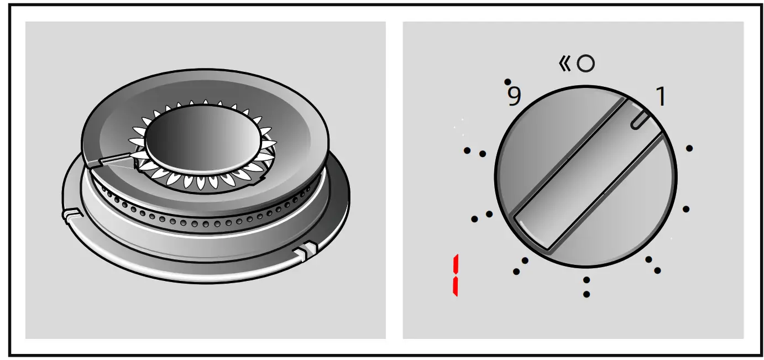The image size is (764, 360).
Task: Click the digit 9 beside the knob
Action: pos(514,97)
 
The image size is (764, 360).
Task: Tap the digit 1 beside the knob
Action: pos(660,97)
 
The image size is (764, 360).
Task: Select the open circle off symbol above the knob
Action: pos(585,64)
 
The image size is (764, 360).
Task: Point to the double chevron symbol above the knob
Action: pos(564,64)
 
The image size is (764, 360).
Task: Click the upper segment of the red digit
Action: pos(456,265)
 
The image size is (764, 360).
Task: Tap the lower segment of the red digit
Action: pos(456,286)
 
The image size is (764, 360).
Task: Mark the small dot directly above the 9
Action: pos(507,81)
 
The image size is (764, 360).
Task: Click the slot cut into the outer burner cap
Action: pos(113,161)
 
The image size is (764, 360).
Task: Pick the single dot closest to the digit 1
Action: pos(689,148)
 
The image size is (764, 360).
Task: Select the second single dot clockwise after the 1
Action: pos(686,209)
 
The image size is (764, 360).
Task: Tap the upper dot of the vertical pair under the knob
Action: pos(586,280)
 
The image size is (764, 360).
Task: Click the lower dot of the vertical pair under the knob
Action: pos(586,294)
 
